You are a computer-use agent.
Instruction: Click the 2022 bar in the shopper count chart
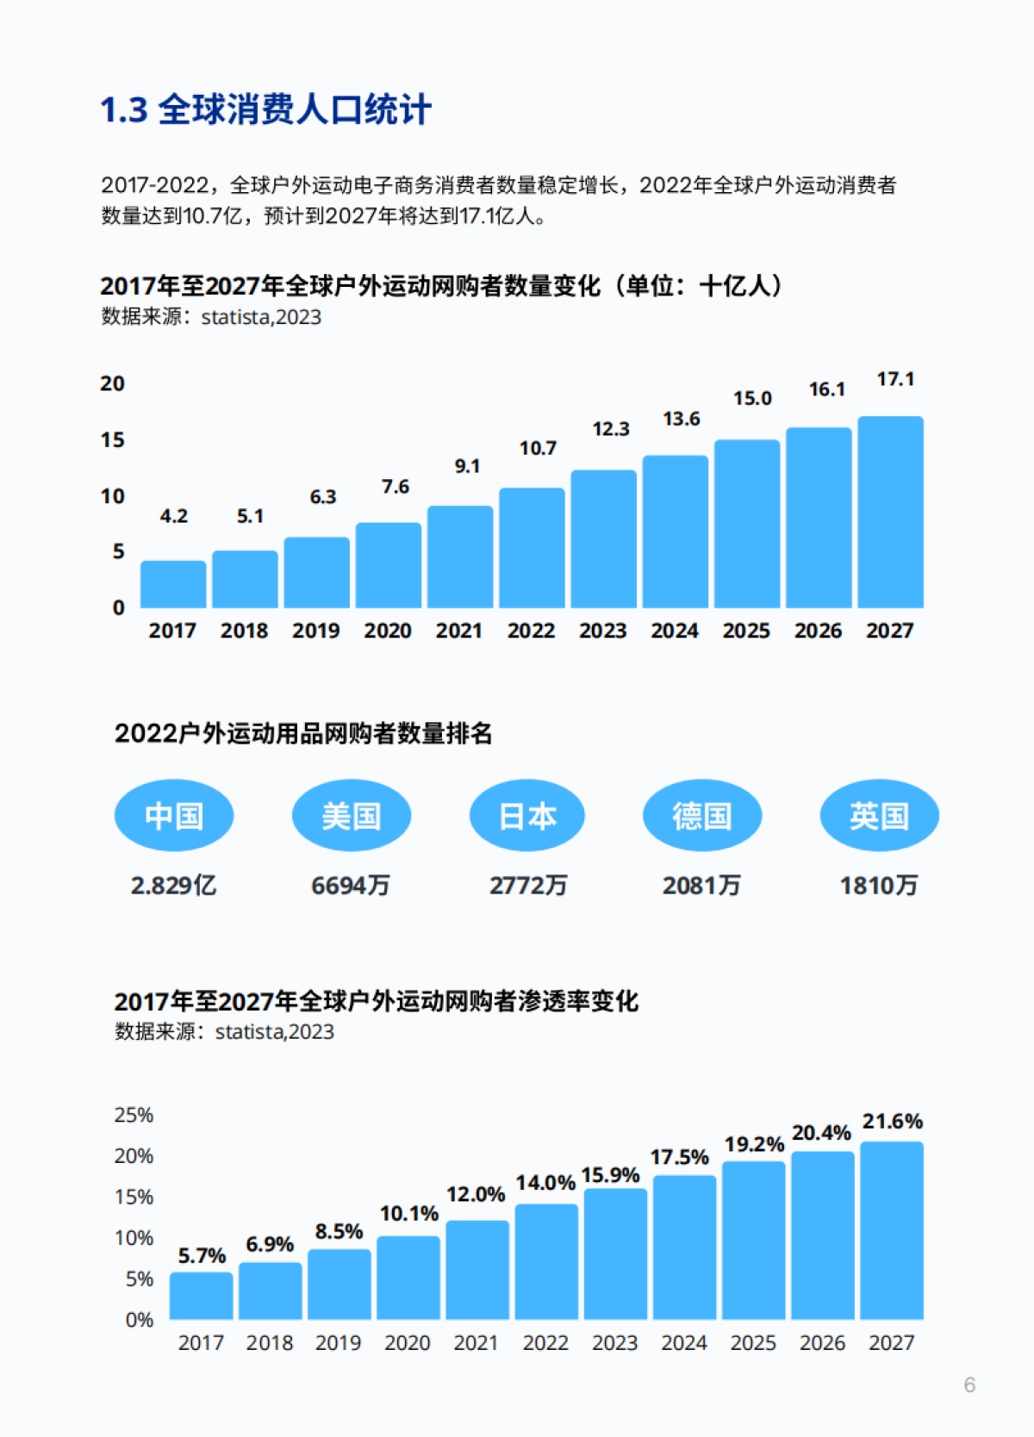click(x=532, y=548)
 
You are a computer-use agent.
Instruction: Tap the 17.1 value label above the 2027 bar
click(x=895, y=379)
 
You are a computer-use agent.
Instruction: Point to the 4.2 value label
click(x=173, y=516)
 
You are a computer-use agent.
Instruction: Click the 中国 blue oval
click(x=174, y=815)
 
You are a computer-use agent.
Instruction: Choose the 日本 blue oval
click(x=527, y=815)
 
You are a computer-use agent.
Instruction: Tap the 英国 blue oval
click(x=879, y=815)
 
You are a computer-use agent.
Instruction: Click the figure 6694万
click(x=351, y=886)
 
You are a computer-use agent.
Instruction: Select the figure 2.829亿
click(x=173, y=886)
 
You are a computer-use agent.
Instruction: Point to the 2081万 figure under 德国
click(x=701, y=886)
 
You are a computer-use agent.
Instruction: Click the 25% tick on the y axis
click(x=134, y=1115)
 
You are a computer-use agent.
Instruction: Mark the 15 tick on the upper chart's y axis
click(x=112, y=440)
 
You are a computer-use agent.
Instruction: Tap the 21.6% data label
click(x=892, y=1122)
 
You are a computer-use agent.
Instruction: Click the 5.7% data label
click(x=202, y=1256)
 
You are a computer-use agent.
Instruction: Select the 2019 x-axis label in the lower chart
click(x=338, y=1343)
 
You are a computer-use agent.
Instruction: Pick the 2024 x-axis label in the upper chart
click(x=674, y=631)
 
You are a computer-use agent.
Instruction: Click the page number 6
click(x=969, y=1385)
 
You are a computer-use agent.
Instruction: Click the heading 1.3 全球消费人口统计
click(x=265, y=110)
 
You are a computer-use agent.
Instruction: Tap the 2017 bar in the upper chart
click(x=173, y=584)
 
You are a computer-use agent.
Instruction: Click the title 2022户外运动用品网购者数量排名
click(x=303, y=734)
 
